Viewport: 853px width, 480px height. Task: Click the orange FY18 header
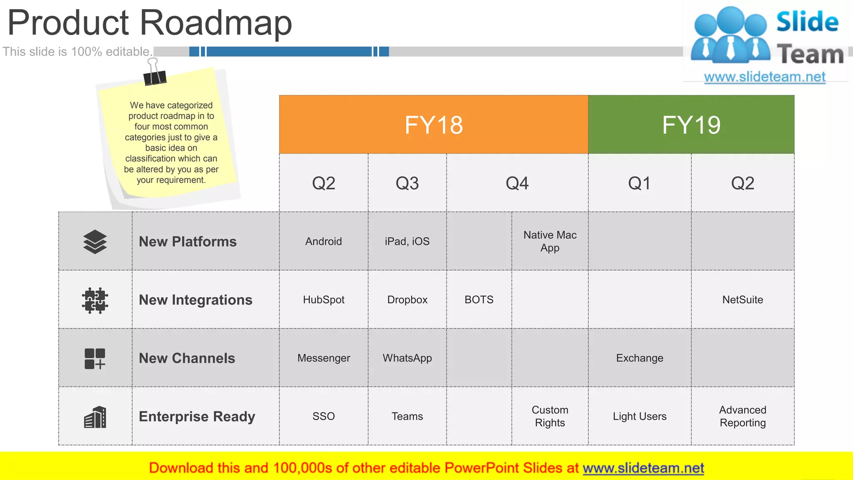tap(433, 125)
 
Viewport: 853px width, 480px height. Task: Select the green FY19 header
tap(691, 125)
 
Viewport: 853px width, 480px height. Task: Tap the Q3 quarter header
tap(407, 183)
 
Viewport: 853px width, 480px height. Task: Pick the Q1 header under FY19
tap(639, 183)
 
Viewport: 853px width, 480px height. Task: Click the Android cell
tap(323, 241)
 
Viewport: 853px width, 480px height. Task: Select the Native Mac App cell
tap(550, 241)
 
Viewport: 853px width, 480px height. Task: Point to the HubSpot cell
tap(323, 300)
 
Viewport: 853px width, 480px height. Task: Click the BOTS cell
tap(479, 300)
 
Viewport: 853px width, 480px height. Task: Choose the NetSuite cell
tap(743, 300)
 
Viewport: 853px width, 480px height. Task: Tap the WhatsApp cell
tap(407, 358)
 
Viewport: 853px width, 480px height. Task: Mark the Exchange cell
tap(639, 358)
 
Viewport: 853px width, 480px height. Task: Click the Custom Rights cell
tap(550, 416)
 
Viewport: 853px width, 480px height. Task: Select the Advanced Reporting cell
tap(743, 416)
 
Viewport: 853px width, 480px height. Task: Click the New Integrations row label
tap(195, 300)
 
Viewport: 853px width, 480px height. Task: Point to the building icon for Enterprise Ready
tap(95, 417)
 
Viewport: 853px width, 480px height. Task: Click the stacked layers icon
tap(95, 242)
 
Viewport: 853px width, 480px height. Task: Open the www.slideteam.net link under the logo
tap(764, 77)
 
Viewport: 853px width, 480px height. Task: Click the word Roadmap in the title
tap(216, 23)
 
